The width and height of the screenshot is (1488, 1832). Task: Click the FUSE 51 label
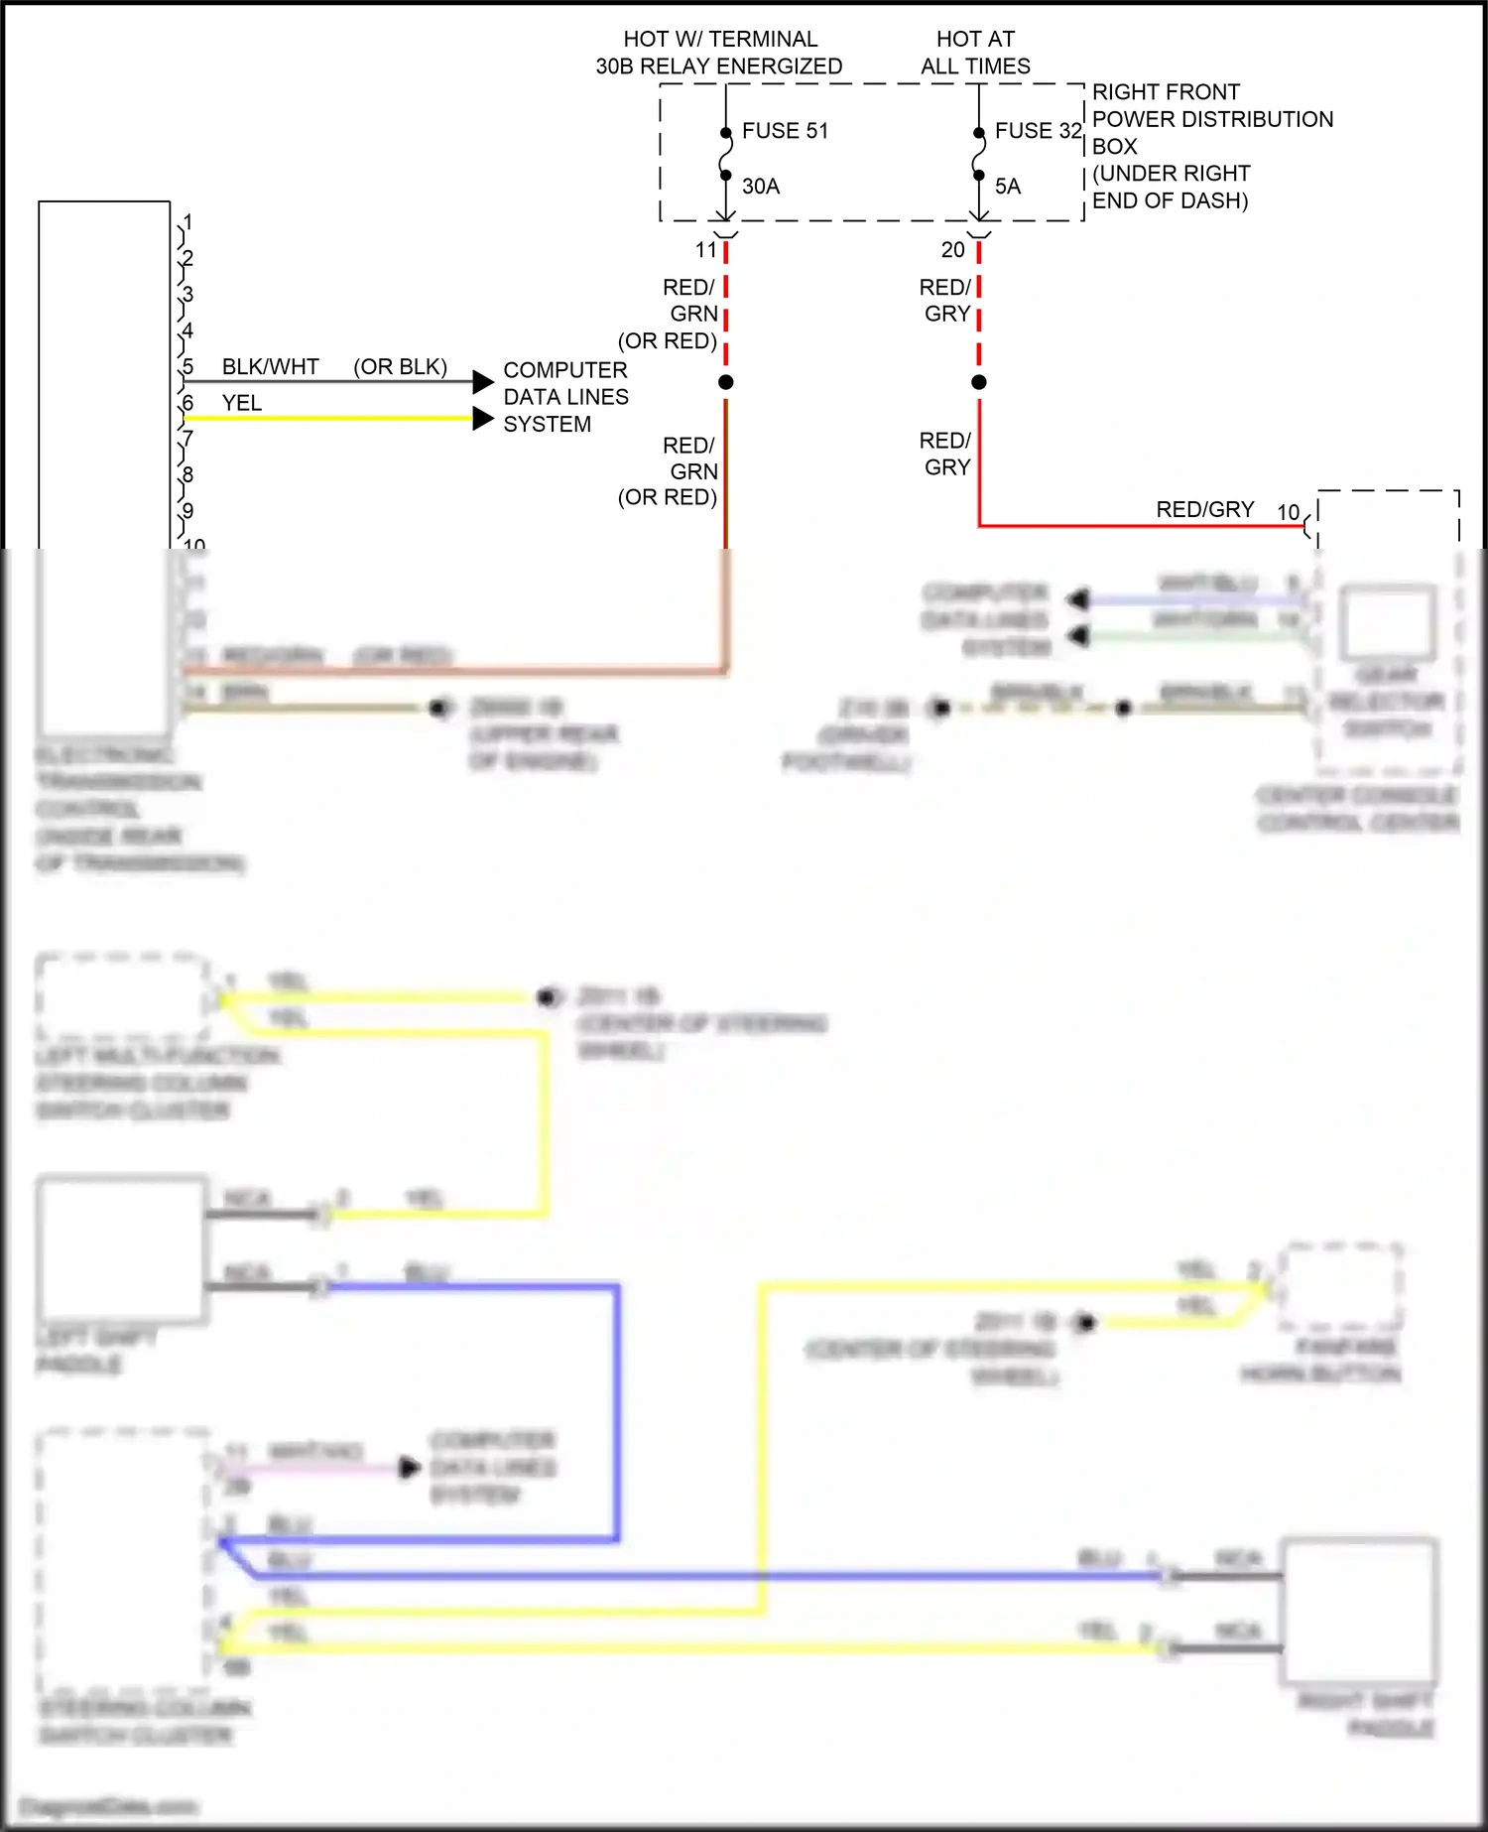click(785, 131)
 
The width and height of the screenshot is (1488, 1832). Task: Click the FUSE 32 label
click(1038, 131)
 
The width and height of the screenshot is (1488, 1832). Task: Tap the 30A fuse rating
click(761, 187)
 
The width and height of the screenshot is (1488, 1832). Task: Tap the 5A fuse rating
click(1008, 187)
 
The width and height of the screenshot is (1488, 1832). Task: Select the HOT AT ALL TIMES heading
click(975, 53)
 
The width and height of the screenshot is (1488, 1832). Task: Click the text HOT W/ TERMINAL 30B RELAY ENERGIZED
click(719, 53)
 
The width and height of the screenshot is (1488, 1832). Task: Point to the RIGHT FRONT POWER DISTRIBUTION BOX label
click(1212, 146)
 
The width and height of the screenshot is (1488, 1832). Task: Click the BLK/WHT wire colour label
click(270, 367)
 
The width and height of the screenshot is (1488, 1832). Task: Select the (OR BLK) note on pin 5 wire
click(400, 367)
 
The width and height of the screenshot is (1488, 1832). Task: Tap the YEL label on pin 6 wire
click(242, 403)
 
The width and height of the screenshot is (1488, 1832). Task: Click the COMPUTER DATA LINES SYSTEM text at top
click(565, 397)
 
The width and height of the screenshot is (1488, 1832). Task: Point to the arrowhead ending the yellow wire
click(483, 419)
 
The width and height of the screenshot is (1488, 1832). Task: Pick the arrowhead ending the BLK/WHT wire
click(483, 382)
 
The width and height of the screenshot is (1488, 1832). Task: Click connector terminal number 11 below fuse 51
click(706, 250)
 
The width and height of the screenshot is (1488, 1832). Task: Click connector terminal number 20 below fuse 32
click(953, 250)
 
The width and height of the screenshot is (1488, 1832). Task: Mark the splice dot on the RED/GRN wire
click(726, 382)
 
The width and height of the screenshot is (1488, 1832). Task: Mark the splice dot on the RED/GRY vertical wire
click(979, 382)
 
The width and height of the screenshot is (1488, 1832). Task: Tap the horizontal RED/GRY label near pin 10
click(1205, 509)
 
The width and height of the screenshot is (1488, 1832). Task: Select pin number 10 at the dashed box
click(1288, 512)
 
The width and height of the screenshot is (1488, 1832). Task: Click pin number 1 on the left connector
click(187, 222)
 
